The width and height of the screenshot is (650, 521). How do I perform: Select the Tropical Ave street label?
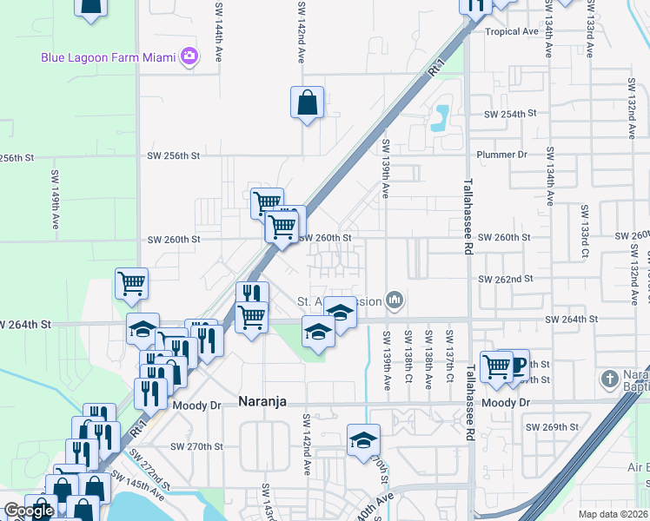point(512,32)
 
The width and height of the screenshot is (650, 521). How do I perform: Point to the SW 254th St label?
point(511,114)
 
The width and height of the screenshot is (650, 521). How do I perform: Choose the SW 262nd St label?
point(505,279)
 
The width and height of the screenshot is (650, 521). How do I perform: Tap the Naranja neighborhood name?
point(263,403)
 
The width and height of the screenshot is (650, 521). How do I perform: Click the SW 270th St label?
point(198,446)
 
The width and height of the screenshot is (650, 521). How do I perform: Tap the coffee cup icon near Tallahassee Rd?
point(519,366)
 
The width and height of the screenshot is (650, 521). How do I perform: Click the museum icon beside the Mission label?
point(395,300)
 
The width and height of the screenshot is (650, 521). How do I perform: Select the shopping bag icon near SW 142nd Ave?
point(308,102)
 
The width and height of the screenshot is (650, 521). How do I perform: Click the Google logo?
point(29,511)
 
